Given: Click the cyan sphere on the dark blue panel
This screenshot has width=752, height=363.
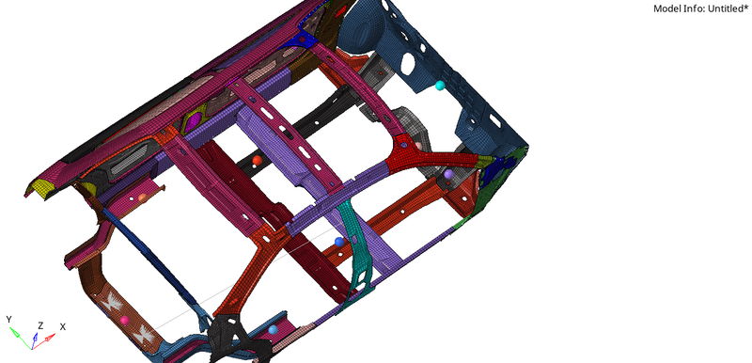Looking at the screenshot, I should (x=440, y=87).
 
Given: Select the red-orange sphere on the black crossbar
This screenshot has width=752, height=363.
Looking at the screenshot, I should (x=257, y=161).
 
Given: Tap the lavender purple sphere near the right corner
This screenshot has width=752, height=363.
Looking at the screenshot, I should (x=448, y=174).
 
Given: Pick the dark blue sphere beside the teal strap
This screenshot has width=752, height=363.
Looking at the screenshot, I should (x=339, y=243).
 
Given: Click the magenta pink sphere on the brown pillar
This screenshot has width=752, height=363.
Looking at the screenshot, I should (x=124, y=321).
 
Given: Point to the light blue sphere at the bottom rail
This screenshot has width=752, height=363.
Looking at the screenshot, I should (x=273, y=330).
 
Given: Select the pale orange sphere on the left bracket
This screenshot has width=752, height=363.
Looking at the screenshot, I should (x=143, y=197).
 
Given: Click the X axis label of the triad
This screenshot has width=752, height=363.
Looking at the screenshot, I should (x=62, y=326).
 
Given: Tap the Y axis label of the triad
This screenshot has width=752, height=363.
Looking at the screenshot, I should (x=8, y=320).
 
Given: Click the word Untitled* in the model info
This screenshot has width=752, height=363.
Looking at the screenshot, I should (x=724, y=8).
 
